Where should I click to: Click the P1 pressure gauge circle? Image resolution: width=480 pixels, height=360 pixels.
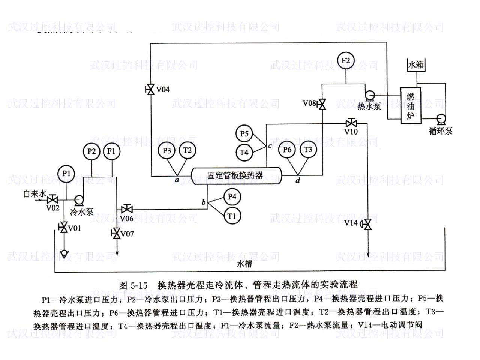tap(66, 174)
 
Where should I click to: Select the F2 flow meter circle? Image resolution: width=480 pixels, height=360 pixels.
tap(345, 60)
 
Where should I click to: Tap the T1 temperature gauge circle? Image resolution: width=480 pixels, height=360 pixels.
tap(232, 216)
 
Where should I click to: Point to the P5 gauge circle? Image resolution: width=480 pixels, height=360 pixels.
tap(244, 134)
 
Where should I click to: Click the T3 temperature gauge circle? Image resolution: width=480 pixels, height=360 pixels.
tap(308, 150)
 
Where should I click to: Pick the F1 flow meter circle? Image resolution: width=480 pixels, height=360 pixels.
tap(111, 151)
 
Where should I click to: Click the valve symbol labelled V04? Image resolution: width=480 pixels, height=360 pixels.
tap(150, 90)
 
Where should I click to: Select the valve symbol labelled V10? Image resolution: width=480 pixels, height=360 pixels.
tap(351, 123)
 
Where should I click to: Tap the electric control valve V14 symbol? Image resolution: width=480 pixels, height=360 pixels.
tap(367, 224)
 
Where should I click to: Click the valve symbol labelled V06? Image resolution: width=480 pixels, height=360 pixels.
tap(127, 209)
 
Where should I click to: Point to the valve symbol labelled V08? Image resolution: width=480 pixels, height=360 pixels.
tap(322, 104)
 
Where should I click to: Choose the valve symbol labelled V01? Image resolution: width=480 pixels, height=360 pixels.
tap(63, 227)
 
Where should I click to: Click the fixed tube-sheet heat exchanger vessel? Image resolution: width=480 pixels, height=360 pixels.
tap(236, 175)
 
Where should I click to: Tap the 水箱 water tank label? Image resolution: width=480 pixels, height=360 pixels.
tap(416, 65)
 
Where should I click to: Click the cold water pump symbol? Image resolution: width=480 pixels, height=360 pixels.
tap(79, 200)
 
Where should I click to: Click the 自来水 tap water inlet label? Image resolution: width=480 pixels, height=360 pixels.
tap(35, 194)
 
